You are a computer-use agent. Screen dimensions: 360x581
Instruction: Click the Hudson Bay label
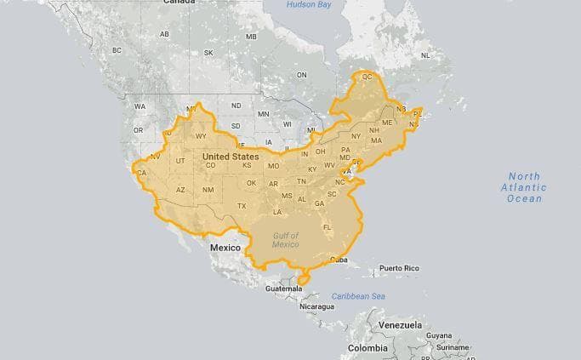(x=309, y=5)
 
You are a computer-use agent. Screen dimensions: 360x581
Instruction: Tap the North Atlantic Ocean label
(x=523, y=187)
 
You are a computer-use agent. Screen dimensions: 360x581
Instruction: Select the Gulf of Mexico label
(x=286, y=239)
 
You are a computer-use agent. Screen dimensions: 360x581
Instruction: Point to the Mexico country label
(x=225, y=247)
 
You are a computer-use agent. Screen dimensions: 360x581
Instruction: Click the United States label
(x=231, y=157)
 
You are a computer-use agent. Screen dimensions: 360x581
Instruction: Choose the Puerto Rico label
(x=400, y=268)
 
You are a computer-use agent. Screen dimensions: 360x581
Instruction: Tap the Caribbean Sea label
(x=358, y=296)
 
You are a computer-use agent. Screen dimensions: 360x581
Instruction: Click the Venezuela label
(x=400, y=325)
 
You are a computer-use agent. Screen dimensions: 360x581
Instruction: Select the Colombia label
(x=367, y=348)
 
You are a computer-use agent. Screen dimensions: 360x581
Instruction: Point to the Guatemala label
(x=283, y=289)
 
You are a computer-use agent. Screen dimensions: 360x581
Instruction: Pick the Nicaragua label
(x=316, y=306)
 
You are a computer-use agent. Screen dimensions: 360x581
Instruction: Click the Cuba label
(x=339, y=260)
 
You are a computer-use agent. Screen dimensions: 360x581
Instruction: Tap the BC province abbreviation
(x=117, y=51)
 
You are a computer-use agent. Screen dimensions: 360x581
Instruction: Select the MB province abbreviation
(x=251, y=37)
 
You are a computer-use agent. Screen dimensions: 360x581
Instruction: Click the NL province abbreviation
(x=425, y=55)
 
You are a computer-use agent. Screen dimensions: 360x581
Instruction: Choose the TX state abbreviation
(x=242, y=206)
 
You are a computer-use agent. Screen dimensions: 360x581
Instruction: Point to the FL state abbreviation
(x=327, y=227)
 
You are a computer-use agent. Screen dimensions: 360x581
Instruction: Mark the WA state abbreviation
(x=140, y=107)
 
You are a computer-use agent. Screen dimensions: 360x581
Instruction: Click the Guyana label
(x=439, y=335)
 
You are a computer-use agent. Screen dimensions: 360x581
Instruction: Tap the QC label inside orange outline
(x=367, y=77)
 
